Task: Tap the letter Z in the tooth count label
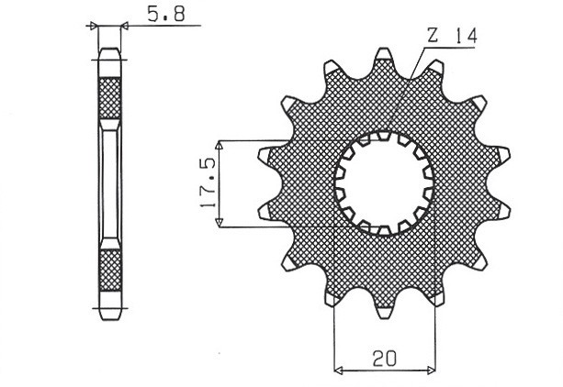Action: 432,36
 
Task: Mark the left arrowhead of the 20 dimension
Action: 337,371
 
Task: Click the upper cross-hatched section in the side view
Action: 109,97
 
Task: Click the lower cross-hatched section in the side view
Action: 109,270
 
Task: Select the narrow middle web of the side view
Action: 109,183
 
